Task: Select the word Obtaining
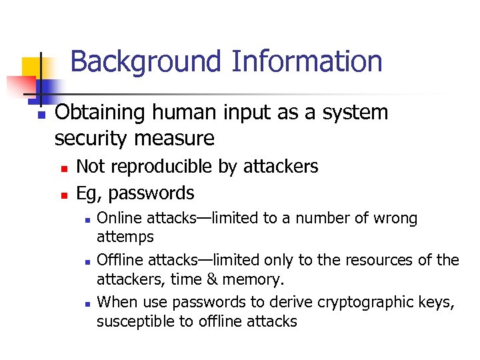pyautogui.click(x=100, y=113)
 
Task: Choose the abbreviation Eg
pyautogui.click(x=87, y=194)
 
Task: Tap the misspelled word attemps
pyautogui.click(x=125, y=237)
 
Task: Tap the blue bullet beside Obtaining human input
pyautogui.click(x=41, y=115)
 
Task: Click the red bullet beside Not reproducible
pyautogui.click(x=64, y=168)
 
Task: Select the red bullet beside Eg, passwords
pyautogui.click(x=64, y=195)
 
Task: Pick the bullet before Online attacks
pyautogui.click(x=86, y=219)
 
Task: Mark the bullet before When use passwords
pyautogui.click(x=86, y=303)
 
